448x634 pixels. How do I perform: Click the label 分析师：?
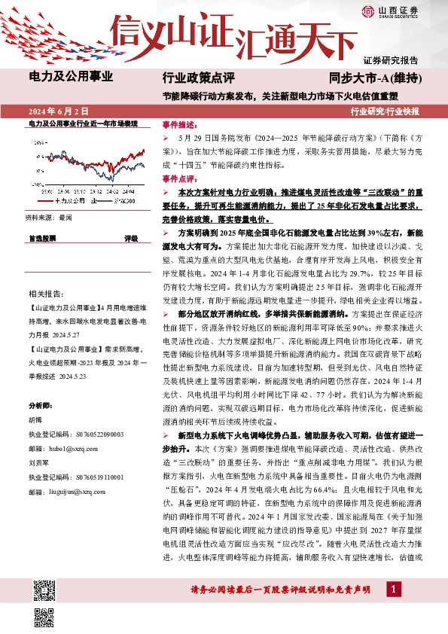pyautogui.click(x=38, y=404)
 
